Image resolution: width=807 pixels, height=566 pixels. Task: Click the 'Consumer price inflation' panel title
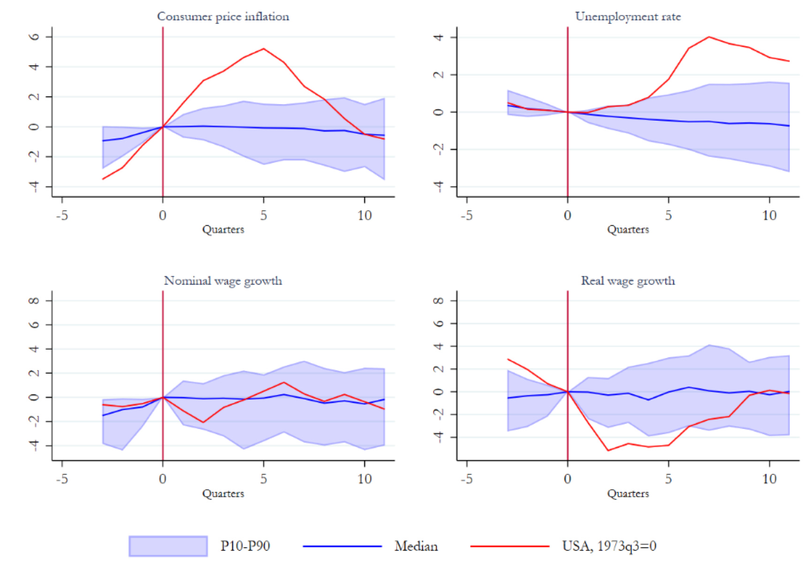[x=223, y=16]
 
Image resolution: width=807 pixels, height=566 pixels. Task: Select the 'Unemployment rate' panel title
[x=628, y=16]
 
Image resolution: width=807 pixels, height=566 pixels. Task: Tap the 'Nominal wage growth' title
[x=223, y=281]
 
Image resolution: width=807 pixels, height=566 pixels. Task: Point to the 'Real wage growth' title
[x=628, y=281]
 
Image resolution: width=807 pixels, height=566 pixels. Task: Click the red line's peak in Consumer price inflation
[x=264, y=49]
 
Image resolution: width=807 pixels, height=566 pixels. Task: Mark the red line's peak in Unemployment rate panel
[x=709, y=37]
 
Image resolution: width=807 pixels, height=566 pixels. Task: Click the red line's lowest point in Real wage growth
[x=608, y=451]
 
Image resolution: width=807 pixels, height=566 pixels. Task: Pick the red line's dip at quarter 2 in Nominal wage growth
[x=203, y=422]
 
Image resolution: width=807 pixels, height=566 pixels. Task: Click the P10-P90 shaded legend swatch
[x=168, y=546]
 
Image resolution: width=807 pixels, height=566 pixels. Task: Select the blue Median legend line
[x=342, y=546]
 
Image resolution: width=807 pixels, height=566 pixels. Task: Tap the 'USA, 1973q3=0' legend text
[x=609, y=546]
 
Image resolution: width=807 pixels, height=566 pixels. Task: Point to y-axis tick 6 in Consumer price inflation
[x=34, y=37]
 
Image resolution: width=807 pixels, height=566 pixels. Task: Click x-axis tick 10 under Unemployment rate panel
[x=769, y=215]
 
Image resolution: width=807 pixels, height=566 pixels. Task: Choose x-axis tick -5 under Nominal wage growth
[x=62, y=479]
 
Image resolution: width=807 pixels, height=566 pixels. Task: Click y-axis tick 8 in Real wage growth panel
[x=438, y=300]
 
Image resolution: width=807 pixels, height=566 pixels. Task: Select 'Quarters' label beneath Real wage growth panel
[x=628, y=494]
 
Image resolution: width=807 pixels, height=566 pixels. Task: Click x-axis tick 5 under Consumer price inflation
[x=264, y=215]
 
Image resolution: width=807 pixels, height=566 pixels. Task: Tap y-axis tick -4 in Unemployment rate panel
[x=438, y=187]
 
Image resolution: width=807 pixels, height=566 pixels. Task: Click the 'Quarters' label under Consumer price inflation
[x=223, y=229]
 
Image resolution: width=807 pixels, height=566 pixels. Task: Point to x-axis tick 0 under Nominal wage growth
[x=163, y=479]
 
